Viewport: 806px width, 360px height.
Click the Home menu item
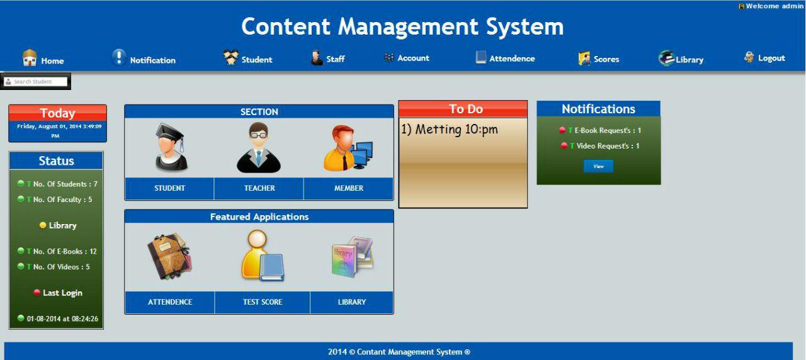(x=43, y=59)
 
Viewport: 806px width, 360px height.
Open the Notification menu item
(x=144, y=59)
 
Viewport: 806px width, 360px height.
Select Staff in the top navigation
(x=327, y=58)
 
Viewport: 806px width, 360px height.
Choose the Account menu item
(x=407, y=58)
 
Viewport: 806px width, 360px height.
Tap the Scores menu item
(x=598, y=59)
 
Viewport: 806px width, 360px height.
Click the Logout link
(x=764, y=58)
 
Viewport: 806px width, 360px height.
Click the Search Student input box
(x=36, y=82)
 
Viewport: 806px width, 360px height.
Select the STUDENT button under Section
(x=169, y=188)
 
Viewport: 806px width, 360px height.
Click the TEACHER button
(x=259, y=188)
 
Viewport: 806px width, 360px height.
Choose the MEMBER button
(x=349, y=188)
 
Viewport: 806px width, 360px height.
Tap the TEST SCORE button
(x=263, y=302)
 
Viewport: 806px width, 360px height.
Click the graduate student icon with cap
(x=171, y=147)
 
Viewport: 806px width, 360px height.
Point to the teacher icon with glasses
(x=259, y=148)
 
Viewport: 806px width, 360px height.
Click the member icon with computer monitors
(x=348, y=148)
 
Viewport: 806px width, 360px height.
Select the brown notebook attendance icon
(x=169, y=256)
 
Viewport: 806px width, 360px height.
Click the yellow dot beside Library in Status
(x=43, y=225)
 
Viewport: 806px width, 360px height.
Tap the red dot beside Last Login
(x=37, y=293)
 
